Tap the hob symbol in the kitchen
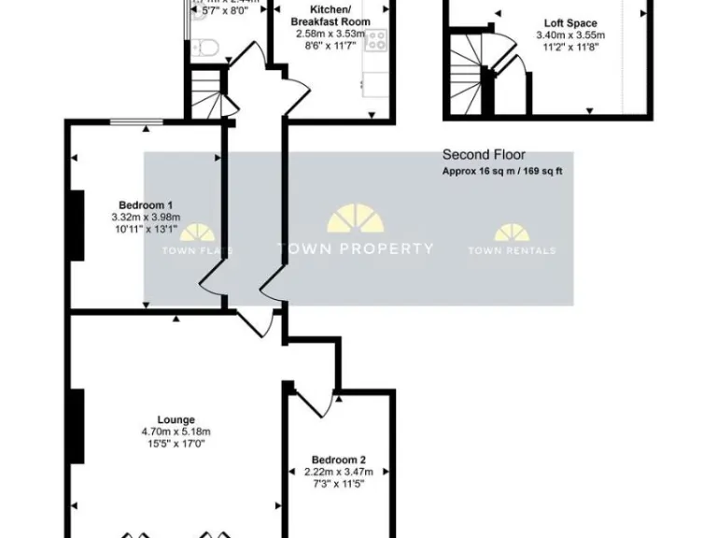click(376, 40)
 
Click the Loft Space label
click(570, 23)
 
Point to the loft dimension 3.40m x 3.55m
click(570, 36)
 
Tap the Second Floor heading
click(484, 155)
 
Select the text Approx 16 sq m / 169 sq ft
click(502, 172)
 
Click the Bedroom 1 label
click(145, 205)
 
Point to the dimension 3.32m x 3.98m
click(145, 219)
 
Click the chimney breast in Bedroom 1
click(77, 225)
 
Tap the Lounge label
click(176, 419)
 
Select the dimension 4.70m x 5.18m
click(176, 432)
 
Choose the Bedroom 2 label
click(338, 460)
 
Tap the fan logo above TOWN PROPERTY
click(357, 219)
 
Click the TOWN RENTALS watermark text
click(512, 250)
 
